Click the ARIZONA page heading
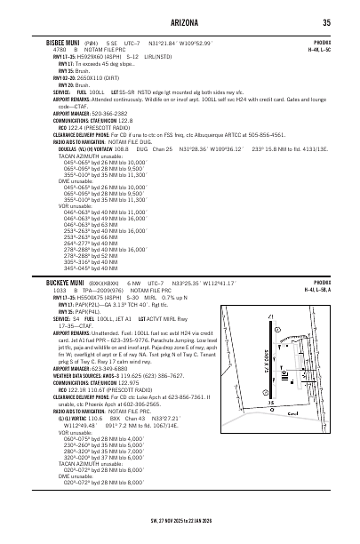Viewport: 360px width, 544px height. point(179,22)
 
